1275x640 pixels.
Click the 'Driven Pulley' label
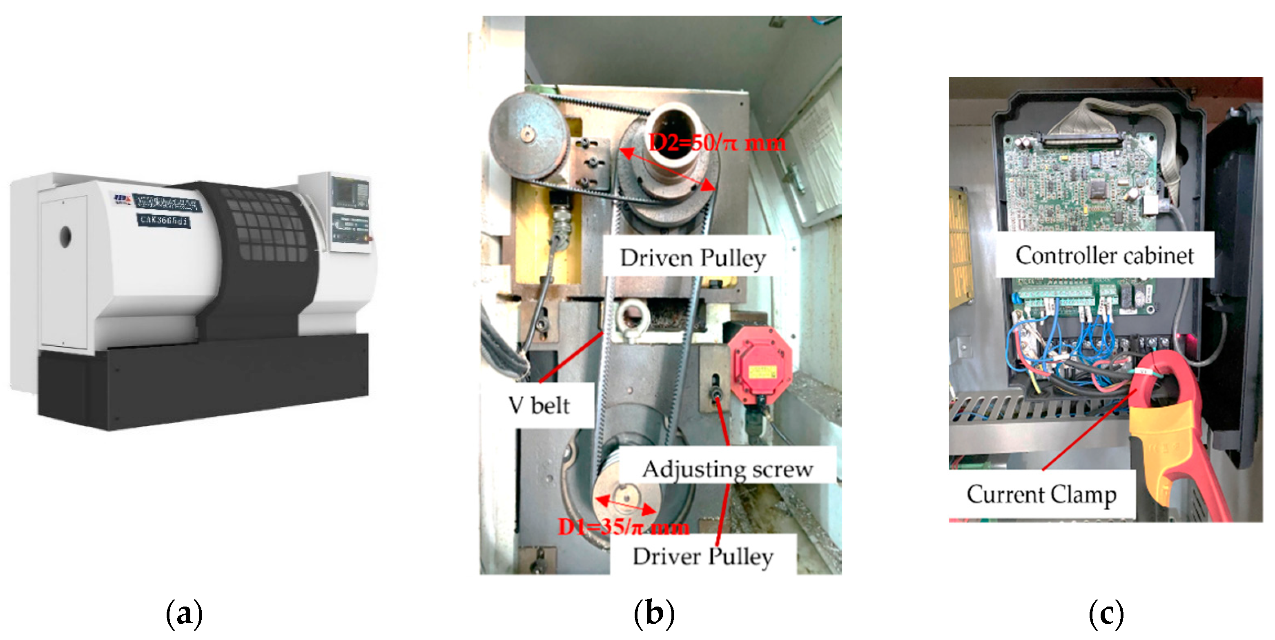coord(693,258)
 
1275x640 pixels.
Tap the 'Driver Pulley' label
coord(703,556)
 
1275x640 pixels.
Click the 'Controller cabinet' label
coord(1104,256)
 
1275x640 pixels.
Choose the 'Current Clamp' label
coord(1041,494)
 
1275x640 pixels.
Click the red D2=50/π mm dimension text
coord(717,143)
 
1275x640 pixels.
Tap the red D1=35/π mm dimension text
coord(623,527)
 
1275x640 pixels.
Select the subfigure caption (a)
coord(184,613)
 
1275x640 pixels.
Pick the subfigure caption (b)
coord(654,613)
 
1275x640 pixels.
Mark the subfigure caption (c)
coord(1106,613)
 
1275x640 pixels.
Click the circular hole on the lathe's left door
coord(65,237)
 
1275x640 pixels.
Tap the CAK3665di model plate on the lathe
coord(163,220)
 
